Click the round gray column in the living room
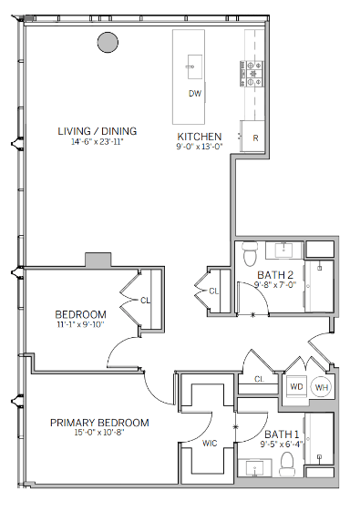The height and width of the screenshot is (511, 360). click(108, 42)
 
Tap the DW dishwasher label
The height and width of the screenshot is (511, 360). click(194, 94)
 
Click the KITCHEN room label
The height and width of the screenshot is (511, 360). click(199, 137)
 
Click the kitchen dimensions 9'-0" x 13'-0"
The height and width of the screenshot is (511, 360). click(199, 148)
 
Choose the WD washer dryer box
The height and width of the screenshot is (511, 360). click(296, 386)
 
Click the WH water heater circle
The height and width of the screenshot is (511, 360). click(320, 386)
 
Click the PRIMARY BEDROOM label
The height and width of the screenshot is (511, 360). click(99, 423)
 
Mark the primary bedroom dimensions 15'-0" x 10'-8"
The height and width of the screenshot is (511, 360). click(99, 434)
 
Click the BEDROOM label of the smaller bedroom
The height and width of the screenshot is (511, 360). click(80, 316)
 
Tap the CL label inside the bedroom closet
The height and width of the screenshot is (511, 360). click(146, 299)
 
